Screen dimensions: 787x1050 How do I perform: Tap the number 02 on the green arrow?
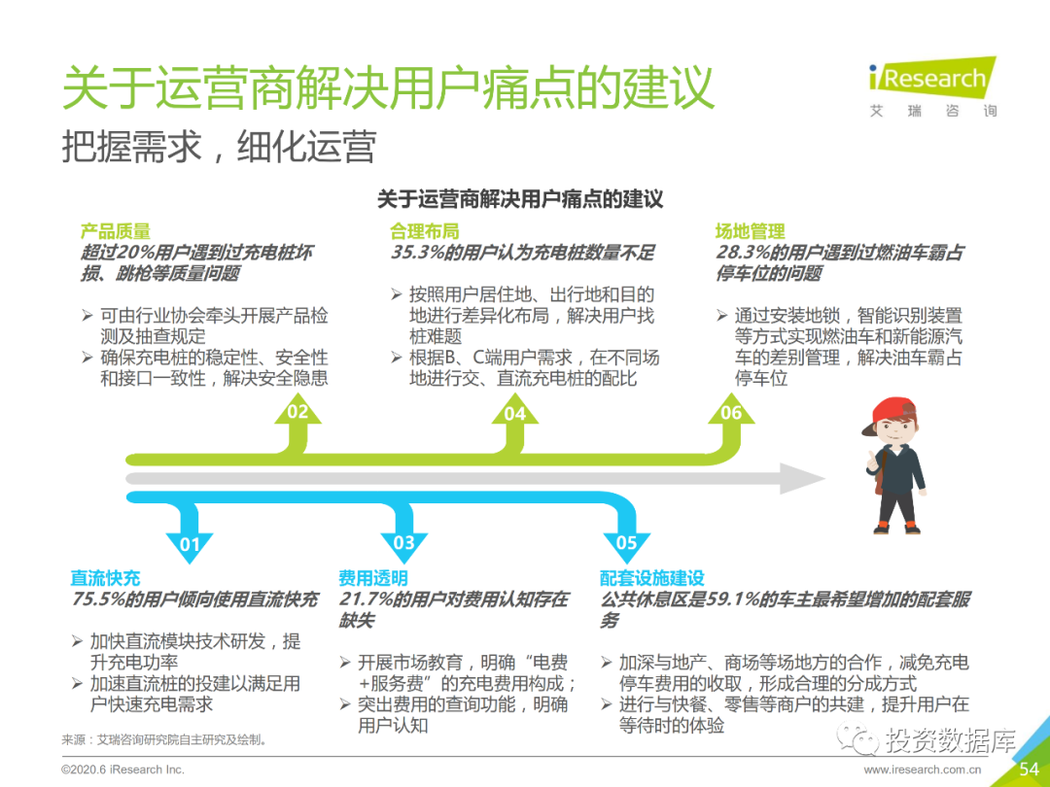297,412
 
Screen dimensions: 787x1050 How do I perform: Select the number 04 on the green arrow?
514,414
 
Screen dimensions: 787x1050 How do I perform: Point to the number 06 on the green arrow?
731,413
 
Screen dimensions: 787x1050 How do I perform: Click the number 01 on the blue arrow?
190,544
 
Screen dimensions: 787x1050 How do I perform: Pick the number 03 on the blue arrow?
403,543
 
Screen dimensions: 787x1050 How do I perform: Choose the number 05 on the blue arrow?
626,543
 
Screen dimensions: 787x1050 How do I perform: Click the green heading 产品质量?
115,231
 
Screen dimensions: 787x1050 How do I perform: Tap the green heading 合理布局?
425,231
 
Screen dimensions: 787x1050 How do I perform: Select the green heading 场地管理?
750,231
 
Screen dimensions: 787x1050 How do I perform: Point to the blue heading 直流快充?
105,578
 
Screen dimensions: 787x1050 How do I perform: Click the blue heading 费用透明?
373,578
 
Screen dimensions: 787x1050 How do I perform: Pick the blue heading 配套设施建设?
652,578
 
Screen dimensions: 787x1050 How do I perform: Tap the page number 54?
1029,770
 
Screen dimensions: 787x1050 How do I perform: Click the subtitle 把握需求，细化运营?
219,147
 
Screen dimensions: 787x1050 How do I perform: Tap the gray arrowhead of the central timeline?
801,478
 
